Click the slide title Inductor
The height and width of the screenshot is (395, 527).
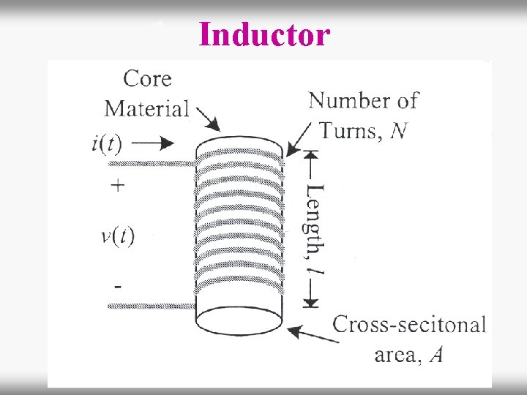click(x=264, y=34)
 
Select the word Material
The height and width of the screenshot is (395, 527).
click(x=146, y=108)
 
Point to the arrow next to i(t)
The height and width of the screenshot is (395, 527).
click(x=156, y=142)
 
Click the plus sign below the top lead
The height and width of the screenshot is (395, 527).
click(x=117, y=186)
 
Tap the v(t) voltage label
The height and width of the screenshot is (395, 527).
click(x=118, y=236)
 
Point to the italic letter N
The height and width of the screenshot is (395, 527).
click(x=399, y=131)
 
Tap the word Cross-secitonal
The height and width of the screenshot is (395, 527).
click(x=409, y=325)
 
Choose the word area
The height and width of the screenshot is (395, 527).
click(x=396, y=355)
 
